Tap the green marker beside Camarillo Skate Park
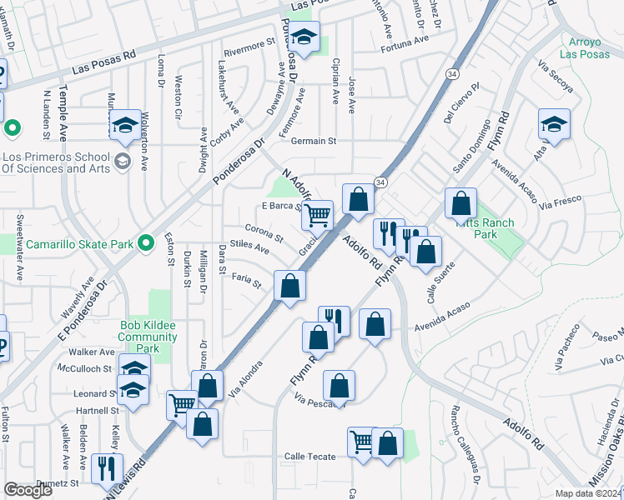tap(146, 243)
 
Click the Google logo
tap(28, 490)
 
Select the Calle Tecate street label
tap(309, 457)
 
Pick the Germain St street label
tap(313, 142)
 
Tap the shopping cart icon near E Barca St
tap(317, 215)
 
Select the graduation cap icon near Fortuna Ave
tap(306, 37)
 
